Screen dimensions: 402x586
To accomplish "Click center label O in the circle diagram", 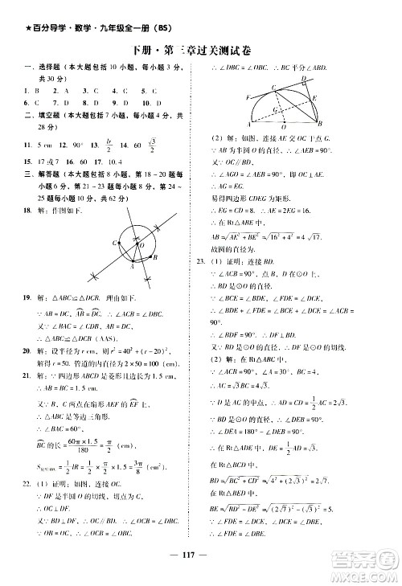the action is click(x=142, y=246).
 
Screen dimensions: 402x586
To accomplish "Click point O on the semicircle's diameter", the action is click(x=280, y=127).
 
